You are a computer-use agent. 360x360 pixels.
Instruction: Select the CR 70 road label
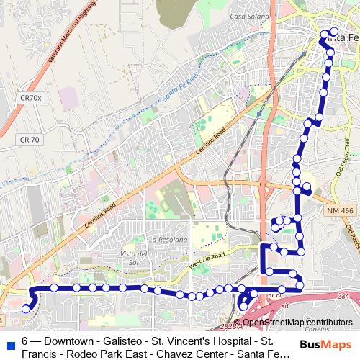30,139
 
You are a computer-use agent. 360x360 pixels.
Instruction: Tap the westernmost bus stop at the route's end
26,309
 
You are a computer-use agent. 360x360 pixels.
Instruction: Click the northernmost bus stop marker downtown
333,32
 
